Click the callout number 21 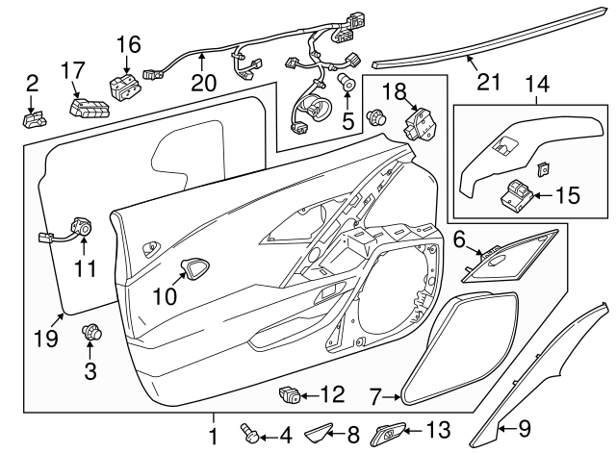point(489,81)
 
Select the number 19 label point(46,338)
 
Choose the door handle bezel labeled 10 point(198,268)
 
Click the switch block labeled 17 point(88,105)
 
